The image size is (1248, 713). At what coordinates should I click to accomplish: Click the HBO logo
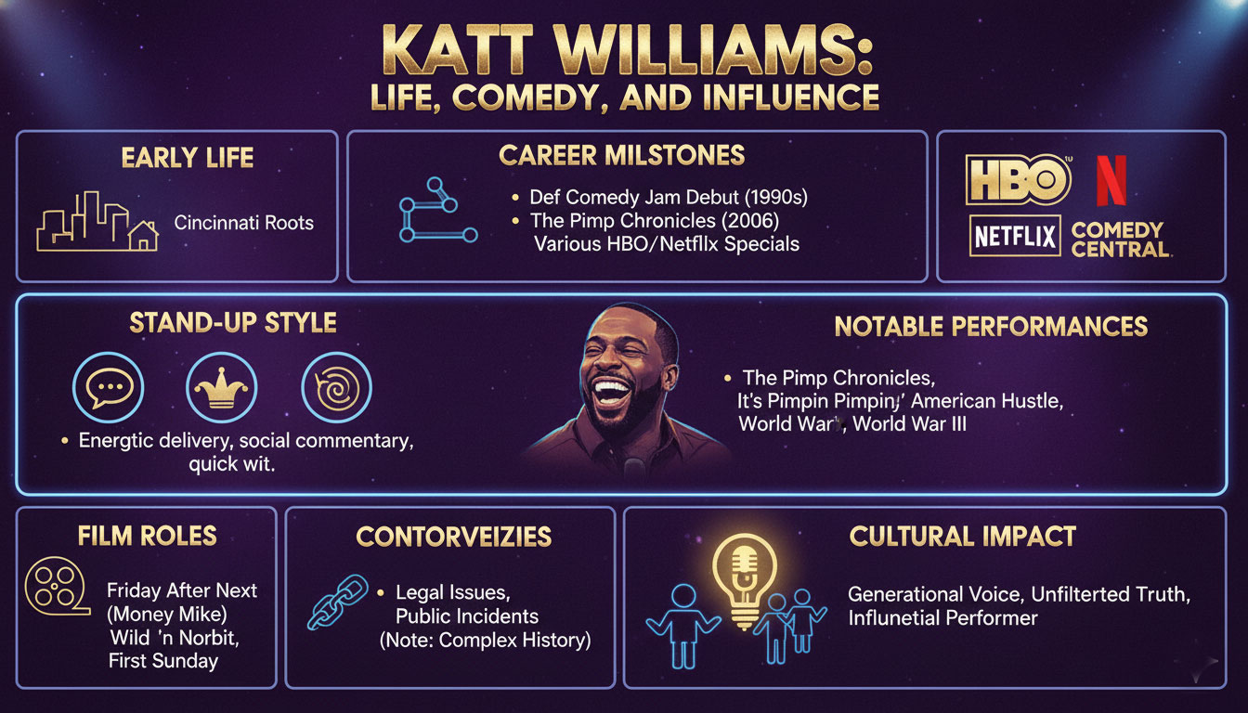click(1018, 180)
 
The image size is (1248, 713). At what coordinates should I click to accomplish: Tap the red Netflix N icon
click(1111, 180)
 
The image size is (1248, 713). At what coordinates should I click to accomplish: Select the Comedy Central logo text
click(1118, 240)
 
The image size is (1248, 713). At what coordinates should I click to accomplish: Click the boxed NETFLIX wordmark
click(1015, 238)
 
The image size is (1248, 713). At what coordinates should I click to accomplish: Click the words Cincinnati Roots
click(244, 223)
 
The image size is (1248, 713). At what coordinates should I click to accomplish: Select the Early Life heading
click(187, 159)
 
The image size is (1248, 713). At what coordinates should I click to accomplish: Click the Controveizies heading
click(453, 536)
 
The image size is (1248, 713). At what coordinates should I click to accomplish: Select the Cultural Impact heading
click(961, 536)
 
